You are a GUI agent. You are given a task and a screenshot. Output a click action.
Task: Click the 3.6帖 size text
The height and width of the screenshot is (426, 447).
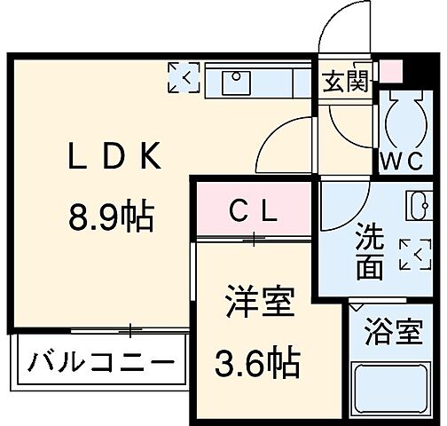click(x=257, y=362)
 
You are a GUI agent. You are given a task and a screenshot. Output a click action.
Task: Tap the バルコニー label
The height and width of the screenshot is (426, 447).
click(x=99, y=363)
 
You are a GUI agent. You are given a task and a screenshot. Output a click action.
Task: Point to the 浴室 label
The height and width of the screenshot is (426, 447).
click(x=394, y=335)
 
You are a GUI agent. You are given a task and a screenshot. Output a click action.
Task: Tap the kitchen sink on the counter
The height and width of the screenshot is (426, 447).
click(x=236, y=82)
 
